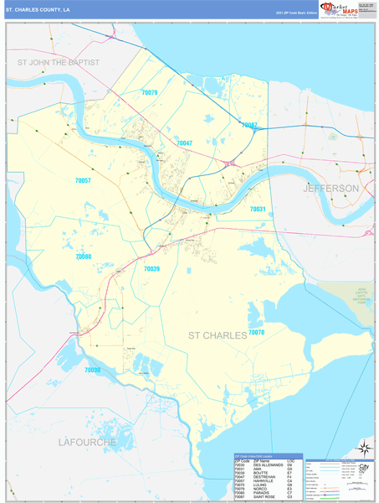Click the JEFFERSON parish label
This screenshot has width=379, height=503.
pyautogui.click(x=330, y=189)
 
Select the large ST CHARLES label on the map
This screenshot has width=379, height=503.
pyautogui.click(x=216, y=335)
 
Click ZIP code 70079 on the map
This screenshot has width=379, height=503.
pyautogui.click(x=150, y=92)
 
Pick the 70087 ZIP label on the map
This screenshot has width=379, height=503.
pyautogui.click(x=249, y=125)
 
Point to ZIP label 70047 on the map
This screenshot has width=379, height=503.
pyautogui.click(x=184, y=143)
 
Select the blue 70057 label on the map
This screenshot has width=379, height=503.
pyautogui.click(x=83, y=181)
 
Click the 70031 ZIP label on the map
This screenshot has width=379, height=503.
pyautogui.click(x=257, y=209)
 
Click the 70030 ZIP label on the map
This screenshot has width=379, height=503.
pyautogui.click(x=93, y=370)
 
